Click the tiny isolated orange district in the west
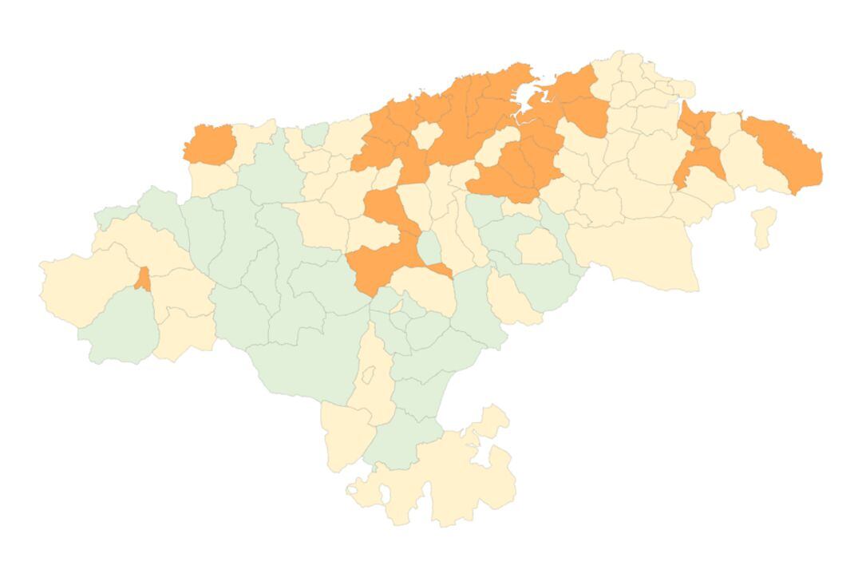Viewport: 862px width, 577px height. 143,279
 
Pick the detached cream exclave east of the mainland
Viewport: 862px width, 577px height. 764,227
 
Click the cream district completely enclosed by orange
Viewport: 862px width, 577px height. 426,133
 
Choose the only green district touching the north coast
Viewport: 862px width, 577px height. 316,134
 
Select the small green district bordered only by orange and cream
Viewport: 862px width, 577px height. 430,248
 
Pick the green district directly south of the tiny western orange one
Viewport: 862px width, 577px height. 120,327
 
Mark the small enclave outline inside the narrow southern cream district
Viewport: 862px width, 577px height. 368,374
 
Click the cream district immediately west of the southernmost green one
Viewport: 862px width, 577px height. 345,435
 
